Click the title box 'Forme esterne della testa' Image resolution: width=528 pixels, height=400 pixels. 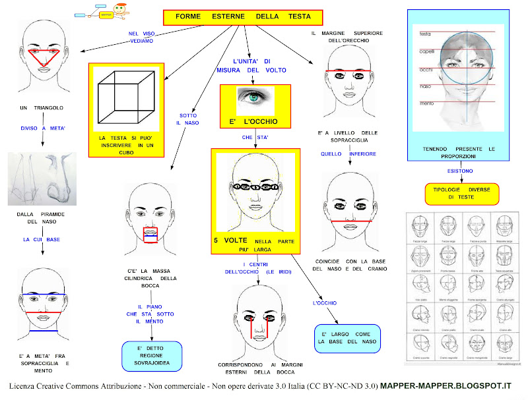coord(243,17)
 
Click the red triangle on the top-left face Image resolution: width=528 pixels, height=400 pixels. coord(44,55)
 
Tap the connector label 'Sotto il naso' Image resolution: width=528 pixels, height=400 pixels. coord(187,119)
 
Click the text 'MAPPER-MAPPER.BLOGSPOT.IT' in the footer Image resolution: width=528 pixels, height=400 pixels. coord(447,385)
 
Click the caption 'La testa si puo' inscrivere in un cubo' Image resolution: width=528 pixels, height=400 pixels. coord(126,141)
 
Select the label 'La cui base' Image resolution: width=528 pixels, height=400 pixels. coord(42,239)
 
